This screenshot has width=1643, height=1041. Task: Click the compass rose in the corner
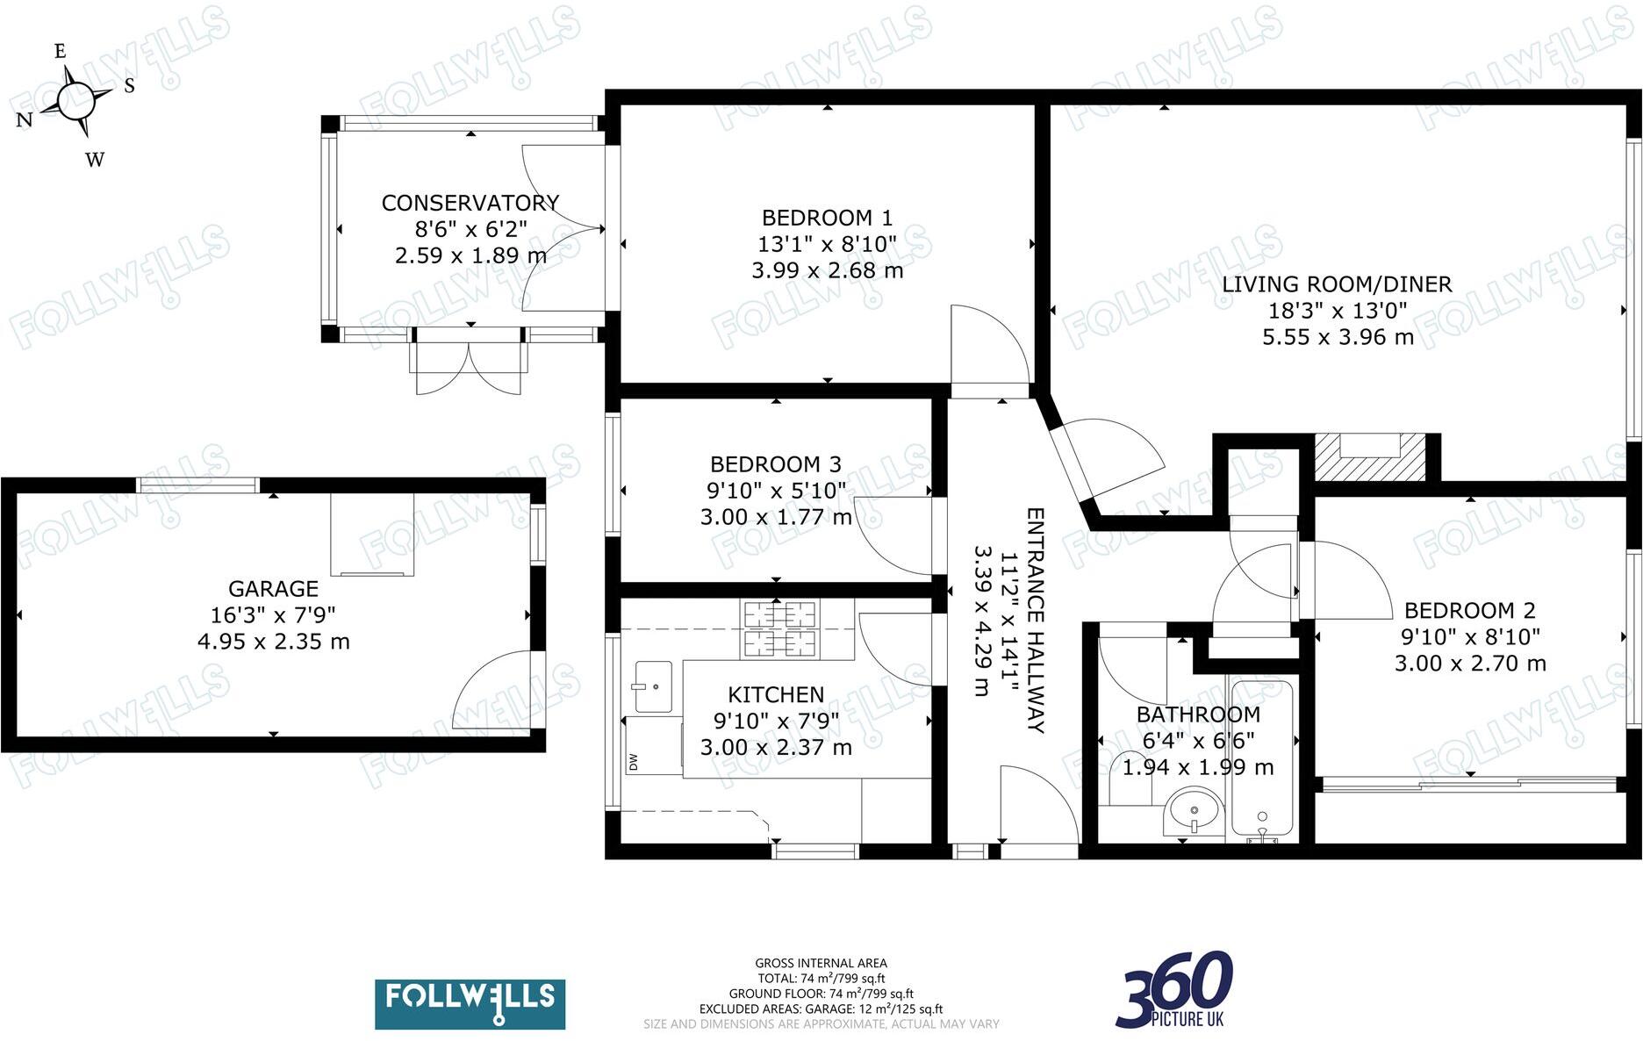coord(76,99)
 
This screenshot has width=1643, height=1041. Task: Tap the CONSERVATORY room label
coord(470,203)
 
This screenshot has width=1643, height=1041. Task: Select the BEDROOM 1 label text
coord(827,218)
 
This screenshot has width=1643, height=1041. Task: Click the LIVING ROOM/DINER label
coord(1337,284)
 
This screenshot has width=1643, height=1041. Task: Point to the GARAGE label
coord(273,589)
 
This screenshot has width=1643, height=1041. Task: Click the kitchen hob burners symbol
coord(779,629)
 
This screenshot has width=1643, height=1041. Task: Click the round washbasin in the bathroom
coord(1195,810)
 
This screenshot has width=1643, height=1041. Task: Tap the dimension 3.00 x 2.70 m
coord(1470,664)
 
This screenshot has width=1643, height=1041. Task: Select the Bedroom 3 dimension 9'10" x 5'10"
coord(776,491)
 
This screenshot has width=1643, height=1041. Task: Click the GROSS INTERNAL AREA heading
coord(821,963)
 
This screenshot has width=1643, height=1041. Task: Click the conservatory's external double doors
coord(470,367)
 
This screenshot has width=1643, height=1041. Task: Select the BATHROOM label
coord(1198,714)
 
